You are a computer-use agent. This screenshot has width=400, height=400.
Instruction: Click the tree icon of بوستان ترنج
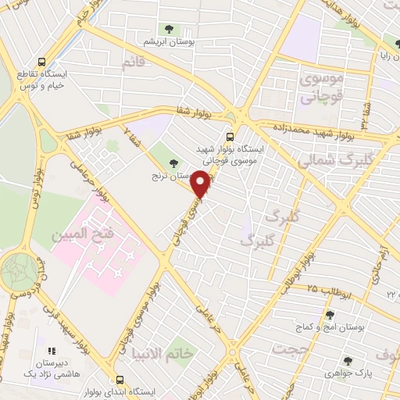point(173,162)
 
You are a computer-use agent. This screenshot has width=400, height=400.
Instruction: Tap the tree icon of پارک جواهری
point(347,360)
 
